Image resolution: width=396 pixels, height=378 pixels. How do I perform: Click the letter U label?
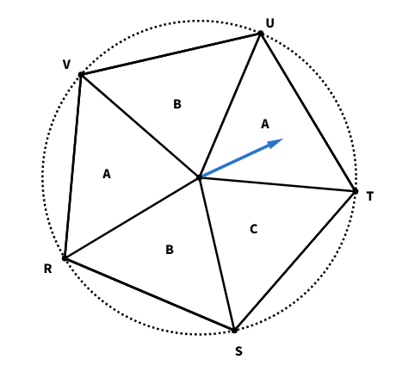[269, 23]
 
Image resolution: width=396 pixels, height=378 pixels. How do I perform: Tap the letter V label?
[66, 65]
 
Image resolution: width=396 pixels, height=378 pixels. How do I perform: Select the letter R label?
[48, 269]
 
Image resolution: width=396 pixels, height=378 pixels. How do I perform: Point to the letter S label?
[238, 351]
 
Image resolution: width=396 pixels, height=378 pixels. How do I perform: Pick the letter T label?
[370, 196]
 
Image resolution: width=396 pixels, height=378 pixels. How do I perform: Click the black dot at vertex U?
[261, 34]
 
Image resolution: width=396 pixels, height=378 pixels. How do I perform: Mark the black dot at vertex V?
[81, 75]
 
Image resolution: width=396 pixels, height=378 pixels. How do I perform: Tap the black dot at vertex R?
[65, 258]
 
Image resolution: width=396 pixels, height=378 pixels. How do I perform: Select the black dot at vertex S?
[234, 331]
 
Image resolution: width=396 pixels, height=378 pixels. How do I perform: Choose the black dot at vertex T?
[356, 191]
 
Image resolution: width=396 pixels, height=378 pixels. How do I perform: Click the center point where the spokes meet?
[199, 177]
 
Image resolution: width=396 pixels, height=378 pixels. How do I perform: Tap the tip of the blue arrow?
[283, 139]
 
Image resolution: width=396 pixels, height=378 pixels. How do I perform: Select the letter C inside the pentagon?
[254, 229]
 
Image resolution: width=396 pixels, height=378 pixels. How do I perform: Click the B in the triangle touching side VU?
[177, 104]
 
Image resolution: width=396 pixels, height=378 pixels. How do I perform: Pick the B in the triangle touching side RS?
[170, 250]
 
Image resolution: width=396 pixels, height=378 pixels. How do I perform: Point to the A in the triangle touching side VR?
[107, 174]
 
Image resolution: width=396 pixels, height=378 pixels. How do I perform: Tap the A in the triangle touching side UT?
[265, 124]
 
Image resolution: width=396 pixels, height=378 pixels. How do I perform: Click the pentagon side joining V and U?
[170, 54]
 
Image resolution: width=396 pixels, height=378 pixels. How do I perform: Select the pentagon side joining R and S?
[150, 294]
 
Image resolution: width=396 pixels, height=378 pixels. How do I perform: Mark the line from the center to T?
[277, 184]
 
